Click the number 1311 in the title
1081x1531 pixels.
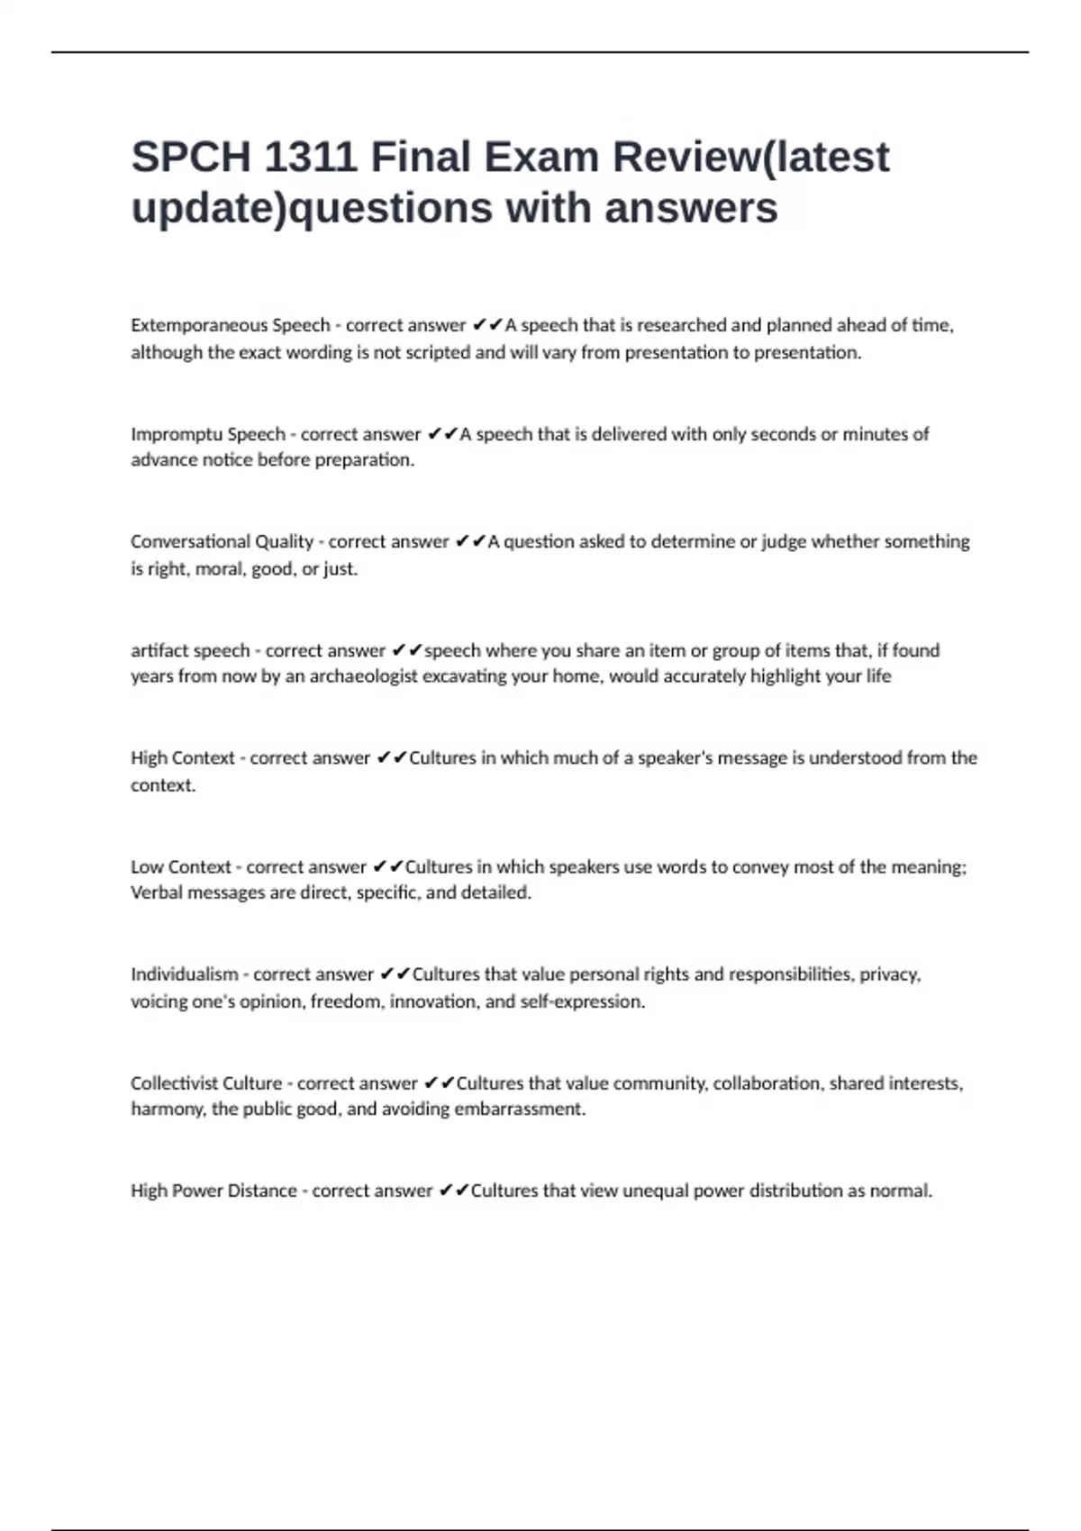pos(310,158)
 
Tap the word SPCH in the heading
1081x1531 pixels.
pos(191,158)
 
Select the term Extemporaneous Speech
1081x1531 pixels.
pos(231,325)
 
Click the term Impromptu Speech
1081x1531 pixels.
pos(208,434)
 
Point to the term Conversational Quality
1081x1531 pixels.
pos(222,541)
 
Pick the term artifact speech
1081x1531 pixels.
pos(190,650)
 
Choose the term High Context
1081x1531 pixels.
pos(183,758)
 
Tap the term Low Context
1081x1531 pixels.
pos(181,866)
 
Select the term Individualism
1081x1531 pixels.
pos(185,974)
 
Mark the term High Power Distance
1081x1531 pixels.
pos(213,1191)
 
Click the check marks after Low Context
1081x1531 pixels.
pos(386,866)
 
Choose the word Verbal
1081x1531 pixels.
pos(156,892)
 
